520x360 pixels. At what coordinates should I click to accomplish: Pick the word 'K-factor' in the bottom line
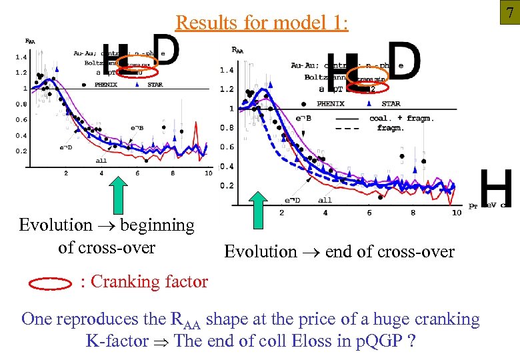117,341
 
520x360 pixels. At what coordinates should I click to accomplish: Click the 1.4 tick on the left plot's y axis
21,57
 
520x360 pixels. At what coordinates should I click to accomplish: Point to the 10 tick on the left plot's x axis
208,173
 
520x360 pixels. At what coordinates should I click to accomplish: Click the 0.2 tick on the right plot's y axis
227,185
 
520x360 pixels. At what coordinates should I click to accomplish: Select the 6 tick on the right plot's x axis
369,213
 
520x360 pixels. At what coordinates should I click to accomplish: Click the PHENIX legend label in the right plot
330,104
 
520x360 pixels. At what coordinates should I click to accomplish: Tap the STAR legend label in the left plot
155,85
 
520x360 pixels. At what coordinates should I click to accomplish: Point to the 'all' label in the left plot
101,160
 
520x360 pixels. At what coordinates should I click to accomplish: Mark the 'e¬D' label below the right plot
292,200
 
